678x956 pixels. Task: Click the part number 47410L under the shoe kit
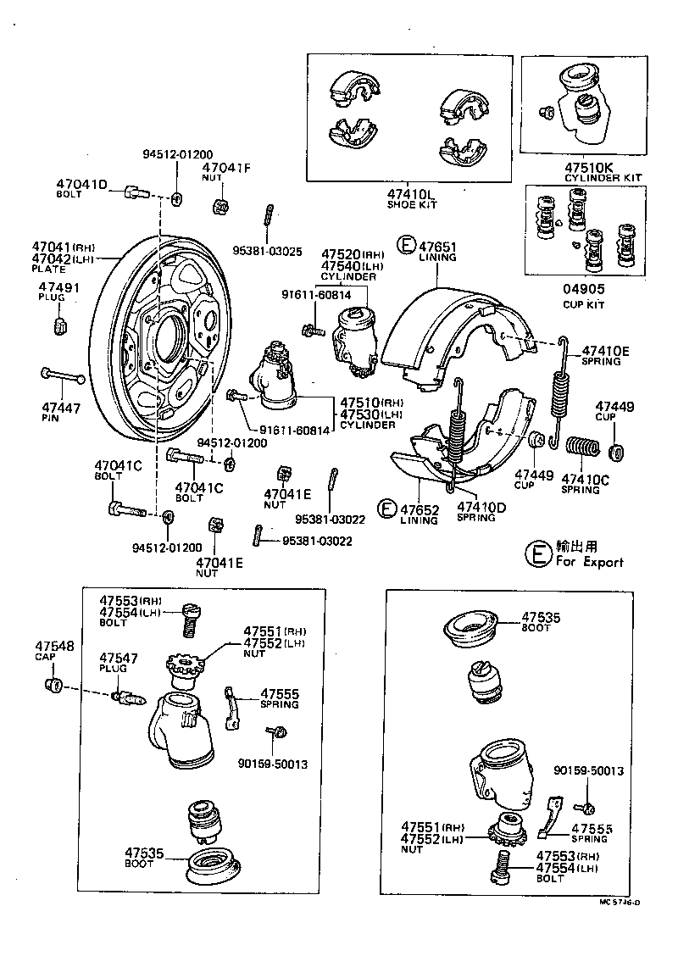pyautogui.click(x=410, y=193)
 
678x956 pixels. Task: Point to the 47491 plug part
pyautogui.click(x=61, y=326)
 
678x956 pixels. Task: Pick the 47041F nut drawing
pyautogui.click(x=220, y=205)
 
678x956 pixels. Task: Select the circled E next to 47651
pyautogui.click(x=407, y=247)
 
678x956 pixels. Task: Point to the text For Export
pyautogui.click(x=590, y=562)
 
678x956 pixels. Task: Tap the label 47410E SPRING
pyautogui.click(x=605, y=355)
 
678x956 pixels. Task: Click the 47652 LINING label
pyautogui.click(x=419, y=514)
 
